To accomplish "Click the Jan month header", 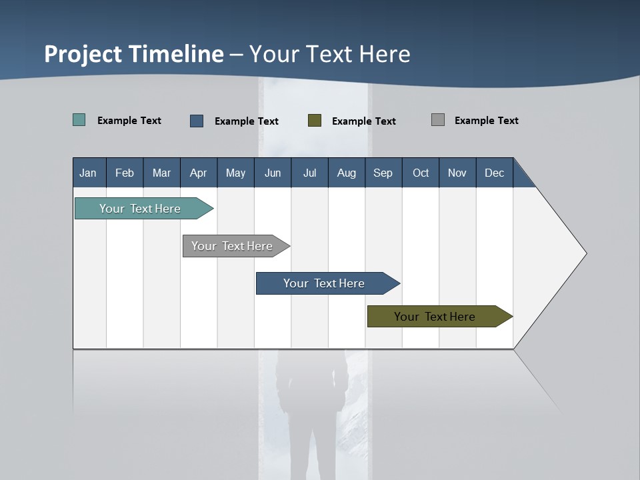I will (x=89, y=173).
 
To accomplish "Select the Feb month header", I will (x=125, y=173).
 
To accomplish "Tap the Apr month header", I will (x=198, y=173).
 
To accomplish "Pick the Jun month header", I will (x=273, y=173).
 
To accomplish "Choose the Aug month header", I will (x=346, y=173).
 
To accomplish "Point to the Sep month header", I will (x=383, y=173).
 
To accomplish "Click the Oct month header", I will (x=421, y=173).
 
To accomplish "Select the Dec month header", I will (x=494, y=173).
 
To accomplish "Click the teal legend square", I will (x=79, y=120).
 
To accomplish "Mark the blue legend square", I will (x=197, y=121).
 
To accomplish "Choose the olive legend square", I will (x=315, y=121).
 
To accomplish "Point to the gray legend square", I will (x=438, y=120).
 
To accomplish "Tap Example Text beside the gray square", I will (x=486, y=121).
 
